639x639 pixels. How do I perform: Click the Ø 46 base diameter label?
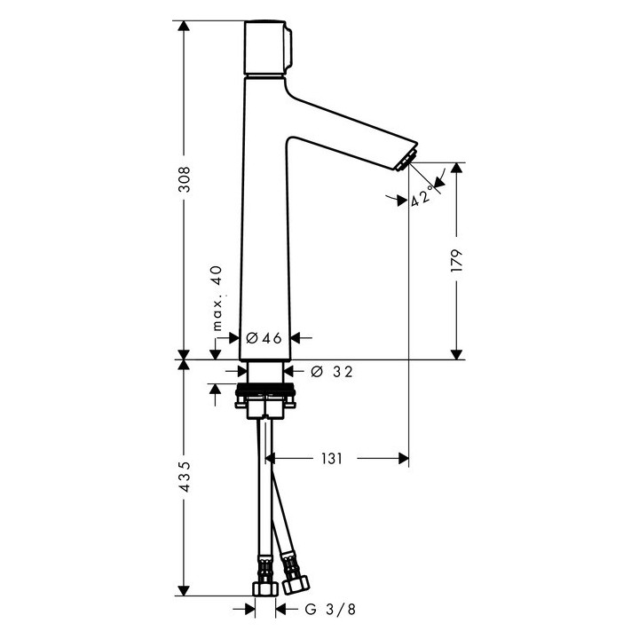(264, 337)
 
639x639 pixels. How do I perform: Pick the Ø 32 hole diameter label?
(332, 372)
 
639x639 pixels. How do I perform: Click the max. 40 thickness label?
(215, 298)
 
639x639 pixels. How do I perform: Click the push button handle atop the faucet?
(264, 48)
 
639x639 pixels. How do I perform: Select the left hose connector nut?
(264, 588)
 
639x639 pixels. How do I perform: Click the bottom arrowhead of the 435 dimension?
(183, 590)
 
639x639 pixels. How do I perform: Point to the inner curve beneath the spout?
(294, 140)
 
